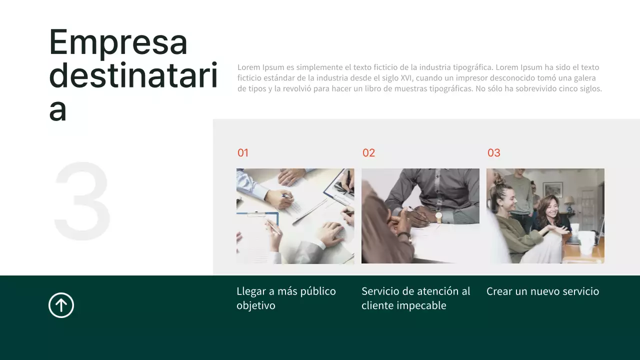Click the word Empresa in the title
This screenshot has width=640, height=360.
coord(118,42)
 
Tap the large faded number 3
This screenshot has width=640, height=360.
coord(82,200)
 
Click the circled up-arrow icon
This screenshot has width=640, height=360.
coord(61,305)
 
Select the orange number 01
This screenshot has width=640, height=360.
coord(243,153)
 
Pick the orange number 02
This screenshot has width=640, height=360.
coord(368,153)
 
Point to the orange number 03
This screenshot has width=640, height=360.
coord(494,153)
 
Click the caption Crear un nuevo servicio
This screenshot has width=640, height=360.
coord(542,291)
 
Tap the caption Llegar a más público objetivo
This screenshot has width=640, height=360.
coord(286,298)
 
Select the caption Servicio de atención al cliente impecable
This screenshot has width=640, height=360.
coord(416,298)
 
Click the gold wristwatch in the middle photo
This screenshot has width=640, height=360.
coord(438,217)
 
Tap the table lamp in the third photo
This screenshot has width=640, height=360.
coord(569,201)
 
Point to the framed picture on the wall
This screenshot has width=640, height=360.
coord(552,189)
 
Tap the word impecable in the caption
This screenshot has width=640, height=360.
coord(421,305)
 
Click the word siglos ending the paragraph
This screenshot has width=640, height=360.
coord(589,89)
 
